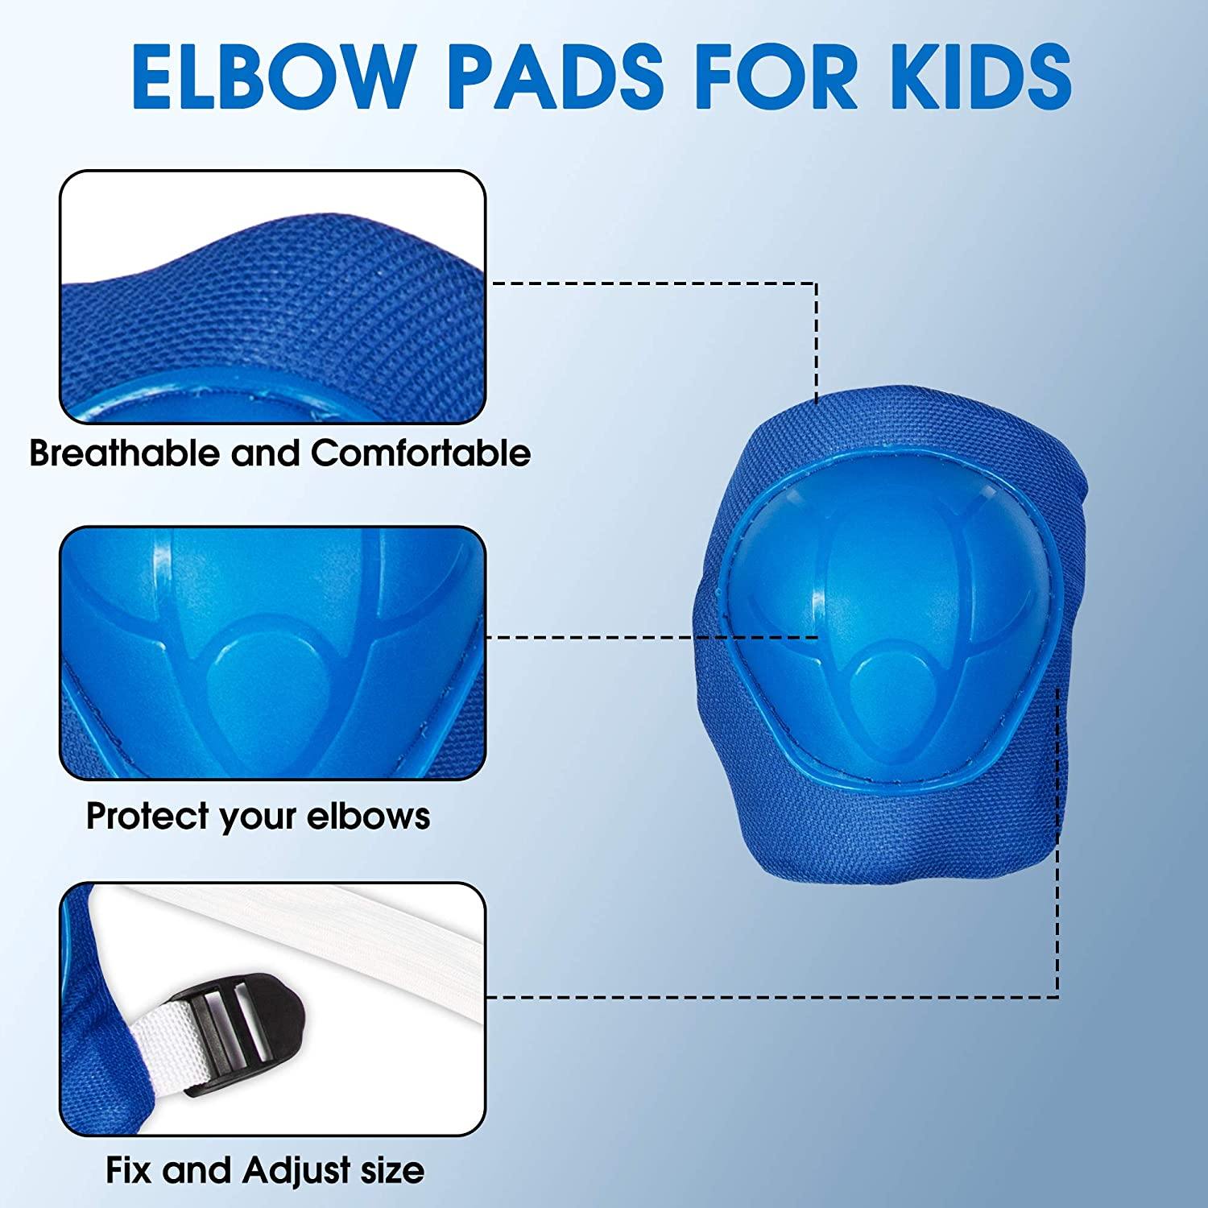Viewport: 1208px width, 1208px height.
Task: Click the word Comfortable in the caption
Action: coord(420,453)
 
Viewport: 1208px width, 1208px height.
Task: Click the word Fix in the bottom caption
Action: coord(130,1170)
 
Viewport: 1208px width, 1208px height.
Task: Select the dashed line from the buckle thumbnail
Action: coord(765,997)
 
